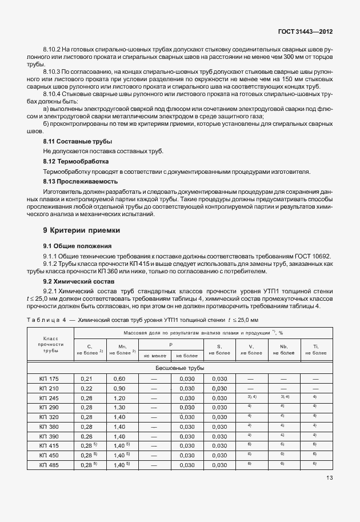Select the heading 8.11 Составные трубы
coord(78,141)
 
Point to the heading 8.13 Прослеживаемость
coord(80,181)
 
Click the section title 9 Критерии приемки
coord(82,230)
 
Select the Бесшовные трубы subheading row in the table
coord(180,368)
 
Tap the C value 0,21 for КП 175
coord(87,378)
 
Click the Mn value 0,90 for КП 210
coord(119,388)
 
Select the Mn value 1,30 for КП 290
coord(119,408)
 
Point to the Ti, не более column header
coord(315,350)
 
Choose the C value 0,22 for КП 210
coord(87,388)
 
